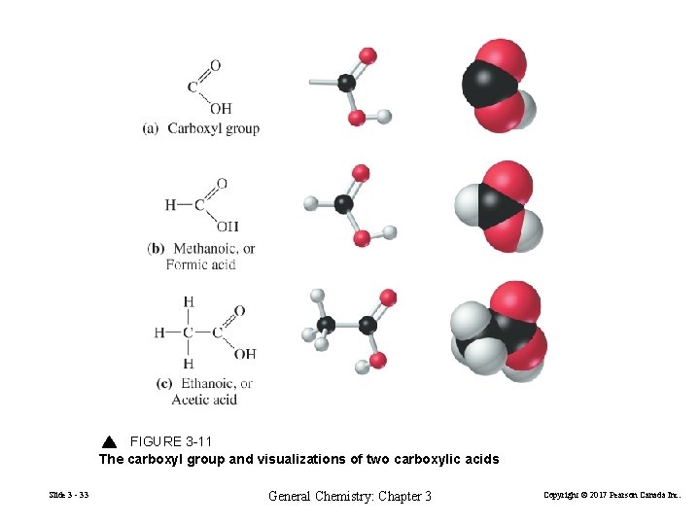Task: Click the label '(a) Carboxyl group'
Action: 201,128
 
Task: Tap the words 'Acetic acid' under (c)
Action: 204,400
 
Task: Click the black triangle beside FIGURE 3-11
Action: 109,442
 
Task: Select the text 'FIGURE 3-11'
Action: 171,442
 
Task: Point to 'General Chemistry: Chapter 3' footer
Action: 350,496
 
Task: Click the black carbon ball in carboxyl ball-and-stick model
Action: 346,83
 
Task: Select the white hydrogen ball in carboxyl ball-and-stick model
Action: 384,117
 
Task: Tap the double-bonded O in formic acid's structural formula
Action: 222,183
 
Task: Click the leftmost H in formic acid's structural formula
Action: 171,204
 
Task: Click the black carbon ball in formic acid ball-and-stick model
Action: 343,203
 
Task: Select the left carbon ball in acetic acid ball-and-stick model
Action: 327,324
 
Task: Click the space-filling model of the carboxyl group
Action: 498,85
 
